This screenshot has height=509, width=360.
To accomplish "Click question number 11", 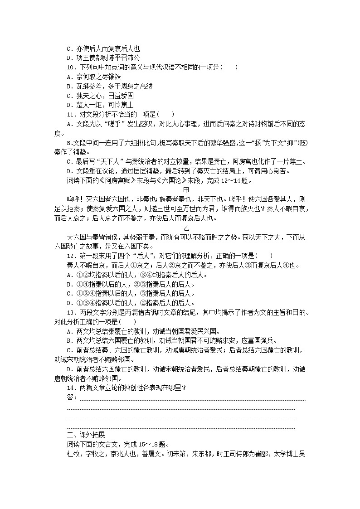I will (71, 114).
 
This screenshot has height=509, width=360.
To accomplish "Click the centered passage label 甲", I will (186, 189).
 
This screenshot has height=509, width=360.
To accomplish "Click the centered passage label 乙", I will (186, 227).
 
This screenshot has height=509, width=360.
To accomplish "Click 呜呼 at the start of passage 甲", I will (73, 199).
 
